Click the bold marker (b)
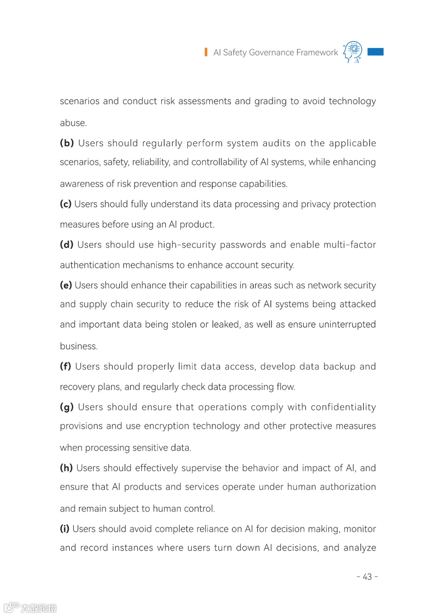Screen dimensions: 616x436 (x=67, y=143)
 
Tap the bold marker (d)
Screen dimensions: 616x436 (x=67, y=245)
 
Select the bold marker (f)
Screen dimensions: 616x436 (x=65, y=366)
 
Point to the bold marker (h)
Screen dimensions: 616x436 (x=66, y=468)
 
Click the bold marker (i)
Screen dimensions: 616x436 (x=65, y=529)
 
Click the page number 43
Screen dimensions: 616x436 (x=367, y=577)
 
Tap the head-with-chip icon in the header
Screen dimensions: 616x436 (x=352, y=52)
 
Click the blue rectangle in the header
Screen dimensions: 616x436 (x=375, y=52)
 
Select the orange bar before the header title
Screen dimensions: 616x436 (x=206, y=52)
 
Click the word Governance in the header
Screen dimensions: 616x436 (x=271, y=53)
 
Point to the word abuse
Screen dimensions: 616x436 (x=73, y=123)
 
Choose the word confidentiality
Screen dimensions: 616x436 (x=343, y=407)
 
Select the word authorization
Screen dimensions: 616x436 (x=348, y=487)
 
